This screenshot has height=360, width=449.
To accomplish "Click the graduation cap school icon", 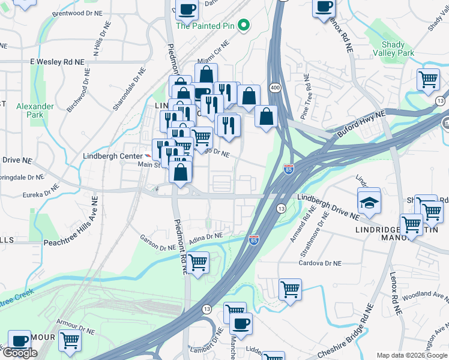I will [369, 202].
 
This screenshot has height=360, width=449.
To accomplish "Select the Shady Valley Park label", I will [398, 49].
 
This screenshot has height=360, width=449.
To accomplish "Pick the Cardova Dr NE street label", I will [321, 263].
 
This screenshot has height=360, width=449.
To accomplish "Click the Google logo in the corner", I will [20, 353].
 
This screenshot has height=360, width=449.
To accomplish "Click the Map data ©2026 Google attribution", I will [412, 355].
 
